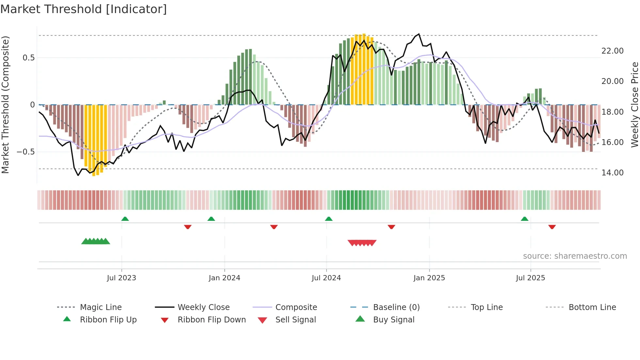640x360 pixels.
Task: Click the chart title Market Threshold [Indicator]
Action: (x=84, y=9)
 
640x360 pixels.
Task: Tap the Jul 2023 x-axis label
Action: (x=121, y=278)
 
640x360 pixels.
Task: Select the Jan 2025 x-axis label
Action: (x=429, y=278)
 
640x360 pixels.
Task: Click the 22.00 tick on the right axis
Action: (x=612, y=51)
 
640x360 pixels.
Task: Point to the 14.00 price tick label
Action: (x=612, y=173)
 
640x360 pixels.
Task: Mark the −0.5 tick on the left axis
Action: (x=25, y=152)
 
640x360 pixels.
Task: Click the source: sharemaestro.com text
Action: (x=575, y=256)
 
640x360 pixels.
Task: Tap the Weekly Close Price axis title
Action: (x=634, y=105)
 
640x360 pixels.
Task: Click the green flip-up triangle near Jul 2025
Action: (x=524, y=219)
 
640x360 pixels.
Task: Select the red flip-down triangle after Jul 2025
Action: (x=552, y=227)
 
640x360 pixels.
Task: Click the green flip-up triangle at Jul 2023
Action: (x=125, y=219)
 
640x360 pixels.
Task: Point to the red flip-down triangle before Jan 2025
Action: (x=391, y=227)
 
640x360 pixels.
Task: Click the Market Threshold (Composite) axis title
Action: (x=5, y=105)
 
